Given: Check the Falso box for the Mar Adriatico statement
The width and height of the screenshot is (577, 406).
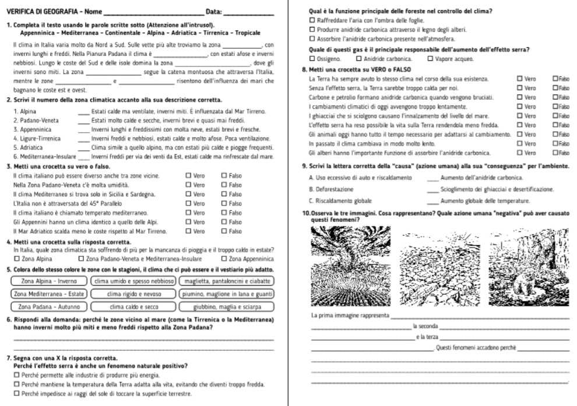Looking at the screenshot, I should click(224, 231).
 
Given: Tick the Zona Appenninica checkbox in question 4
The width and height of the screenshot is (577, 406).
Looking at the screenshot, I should click(224, 258).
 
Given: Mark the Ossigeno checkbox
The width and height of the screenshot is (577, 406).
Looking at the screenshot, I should click(312, 59).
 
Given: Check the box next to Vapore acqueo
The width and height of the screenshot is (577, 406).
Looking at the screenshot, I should click(431, 59).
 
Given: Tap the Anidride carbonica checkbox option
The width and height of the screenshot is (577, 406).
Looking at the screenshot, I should click(358, 59).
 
